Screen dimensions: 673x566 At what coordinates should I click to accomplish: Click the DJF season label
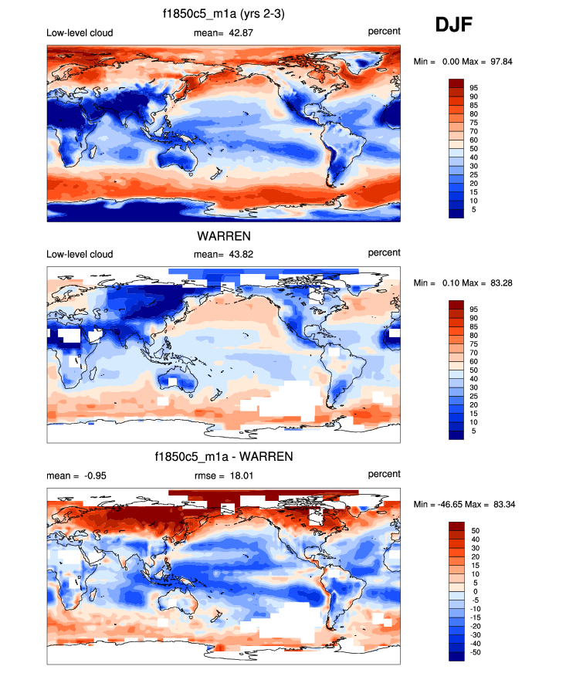(454, 25)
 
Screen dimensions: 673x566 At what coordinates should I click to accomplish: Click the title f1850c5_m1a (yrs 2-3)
(224, 13)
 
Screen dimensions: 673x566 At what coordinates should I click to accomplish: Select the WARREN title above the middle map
(224, 235)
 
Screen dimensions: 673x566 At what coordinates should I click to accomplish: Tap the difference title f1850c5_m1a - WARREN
(224, 457)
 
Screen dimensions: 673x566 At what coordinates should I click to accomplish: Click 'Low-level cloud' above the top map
(80, 31)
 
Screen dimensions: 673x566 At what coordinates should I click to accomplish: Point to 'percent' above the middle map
(384, 253)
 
